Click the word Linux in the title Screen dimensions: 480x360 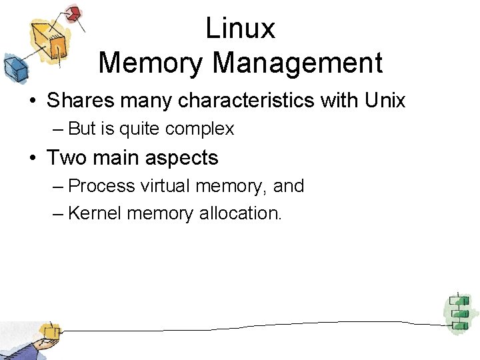(240, 28)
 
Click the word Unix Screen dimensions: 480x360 (385, 101)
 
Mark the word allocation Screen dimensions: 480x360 (241, 214)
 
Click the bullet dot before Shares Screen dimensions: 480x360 (32, 101)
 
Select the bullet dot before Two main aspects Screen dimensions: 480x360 (32, 159)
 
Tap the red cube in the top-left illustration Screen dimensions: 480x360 (73, 13)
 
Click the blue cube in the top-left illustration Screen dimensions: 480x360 (14, 66)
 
